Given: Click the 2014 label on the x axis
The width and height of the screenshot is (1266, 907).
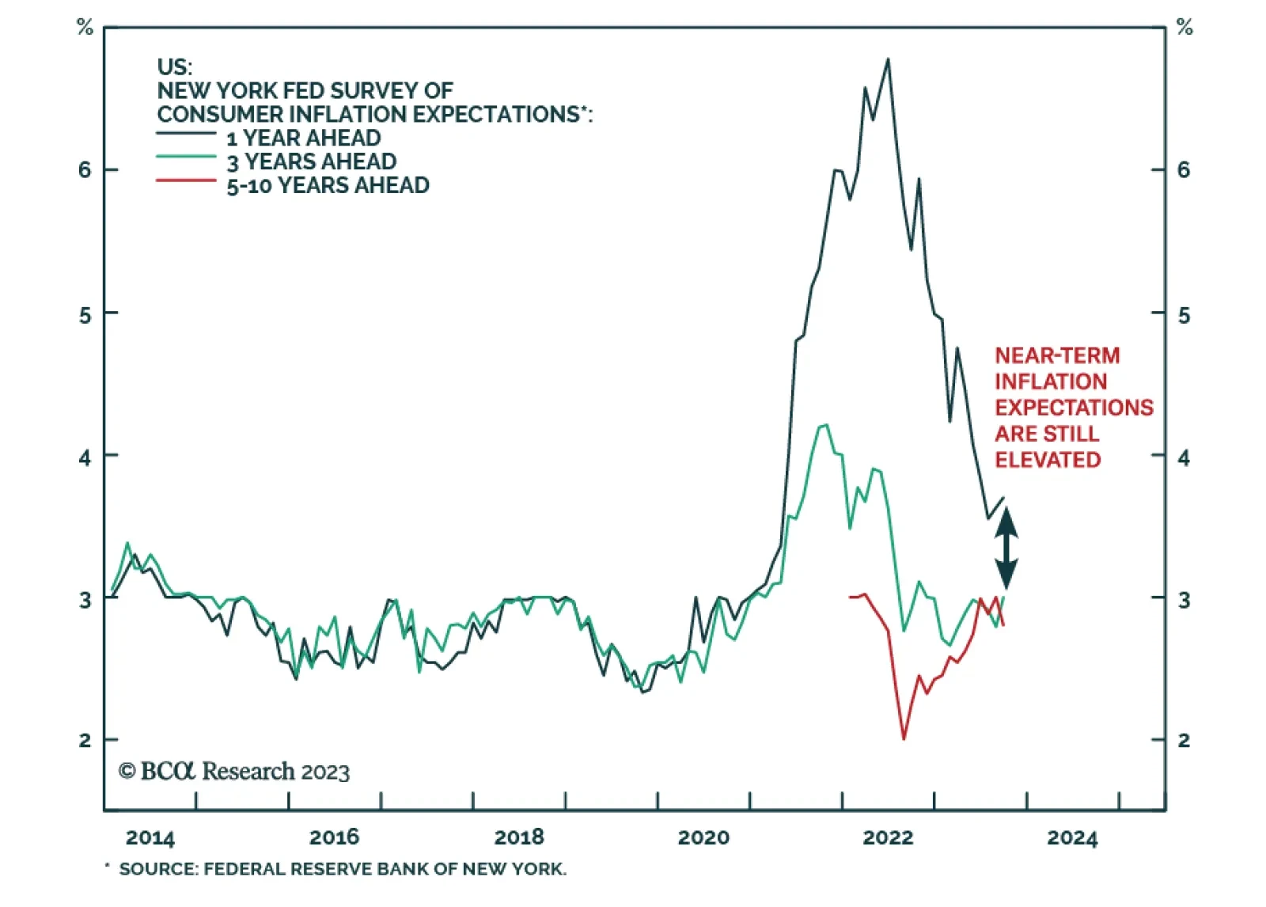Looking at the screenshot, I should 150,837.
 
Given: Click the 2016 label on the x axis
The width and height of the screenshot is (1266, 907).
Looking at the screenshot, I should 334,837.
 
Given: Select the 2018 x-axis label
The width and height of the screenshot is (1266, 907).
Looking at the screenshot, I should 519,837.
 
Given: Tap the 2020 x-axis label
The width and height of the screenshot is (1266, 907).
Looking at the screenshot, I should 703,837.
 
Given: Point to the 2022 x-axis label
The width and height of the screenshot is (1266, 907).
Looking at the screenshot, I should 888,837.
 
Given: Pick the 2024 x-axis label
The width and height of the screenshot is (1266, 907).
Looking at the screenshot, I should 1072,837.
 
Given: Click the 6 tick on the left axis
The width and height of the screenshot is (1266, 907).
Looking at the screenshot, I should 85,170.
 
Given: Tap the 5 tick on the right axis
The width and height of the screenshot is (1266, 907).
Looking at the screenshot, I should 1184,315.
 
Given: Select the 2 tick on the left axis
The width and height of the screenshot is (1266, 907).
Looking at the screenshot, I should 85,741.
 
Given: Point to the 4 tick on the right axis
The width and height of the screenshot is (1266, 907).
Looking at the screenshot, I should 1184,457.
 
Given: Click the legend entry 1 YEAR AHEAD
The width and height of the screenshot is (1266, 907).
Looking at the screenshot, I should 304,138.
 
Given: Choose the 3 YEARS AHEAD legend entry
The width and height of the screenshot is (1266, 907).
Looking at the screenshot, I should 312,161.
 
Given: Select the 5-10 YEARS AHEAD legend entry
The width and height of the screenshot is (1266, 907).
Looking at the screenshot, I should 328,185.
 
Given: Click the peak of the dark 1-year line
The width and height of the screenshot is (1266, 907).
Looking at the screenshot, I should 888,59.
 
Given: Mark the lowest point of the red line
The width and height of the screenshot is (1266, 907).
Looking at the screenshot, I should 904,738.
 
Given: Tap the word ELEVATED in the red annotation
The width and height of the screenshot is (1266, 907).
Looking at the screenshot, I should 1048,460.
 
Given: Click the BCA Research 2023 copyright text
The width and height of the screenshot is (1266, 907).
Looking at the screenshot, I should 234,771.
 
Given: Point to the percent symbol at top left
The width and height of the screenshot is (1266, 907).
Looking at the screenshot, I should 85,28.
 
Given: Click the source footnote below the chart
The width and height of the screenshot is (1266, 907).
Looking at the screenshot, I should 342,869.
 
